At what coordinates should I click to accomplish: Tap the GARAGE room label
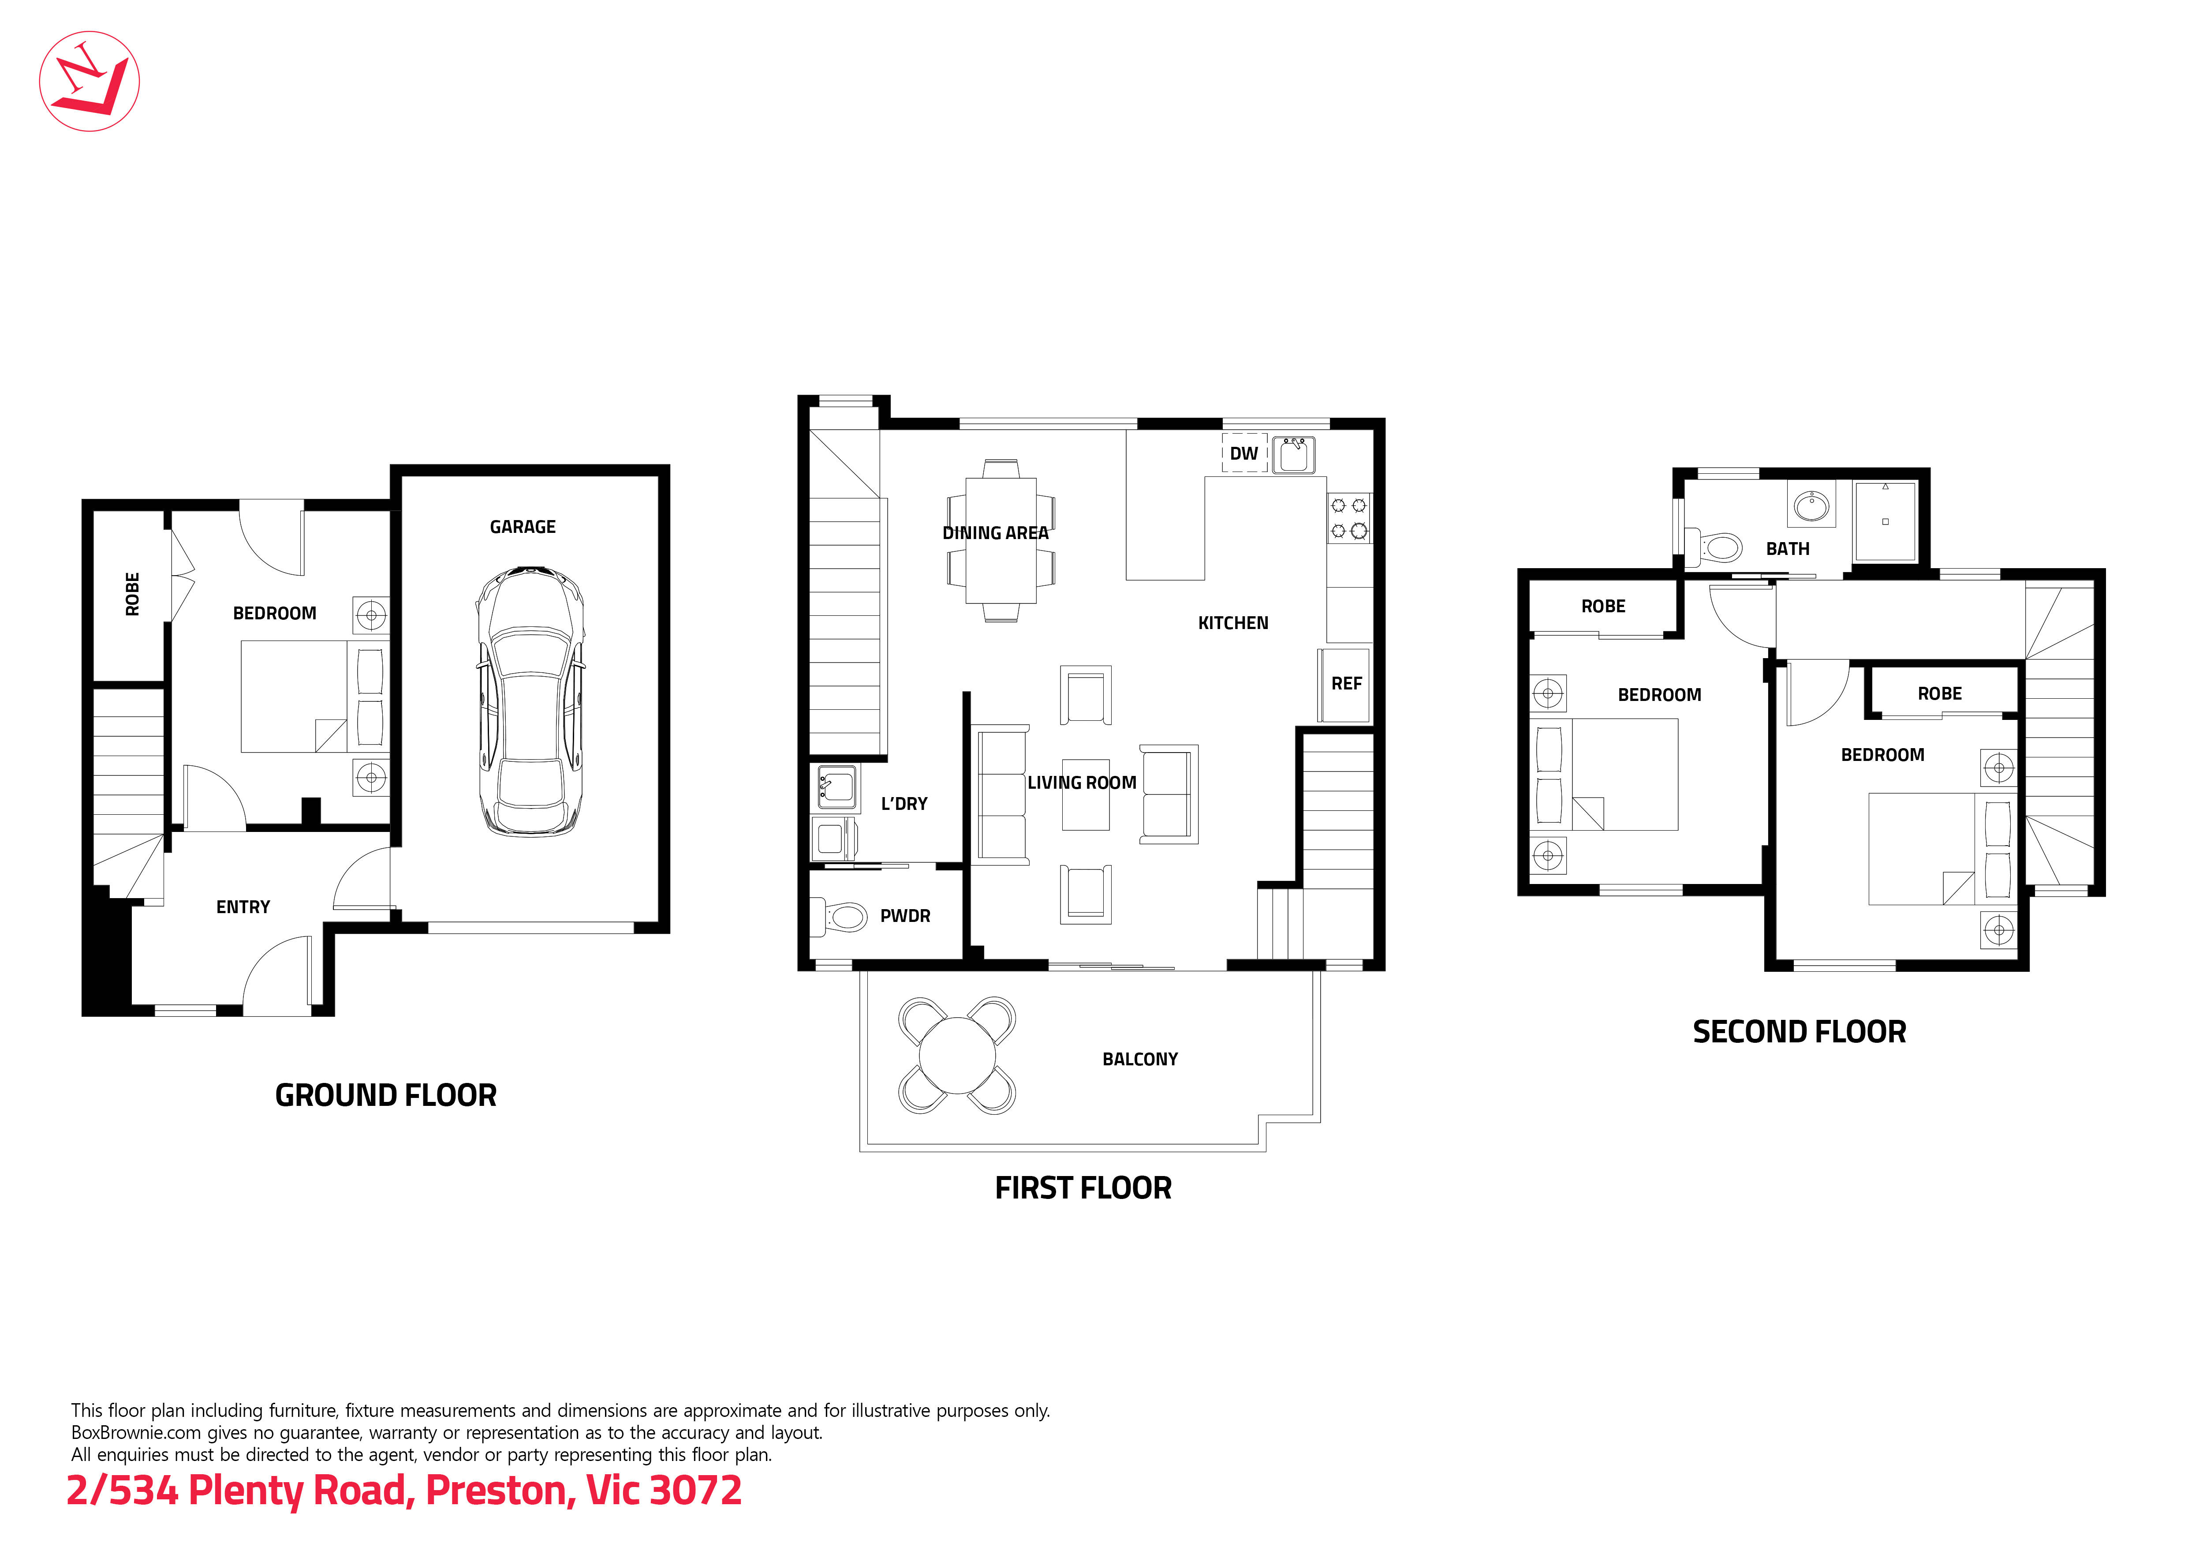coord(522,527)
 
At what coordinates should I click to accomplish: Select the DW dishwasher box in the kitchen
coord(1243,454)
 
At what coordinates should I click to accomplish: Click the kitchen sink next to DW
coord(1293,455)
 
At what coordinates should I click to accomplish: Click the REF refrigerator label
coord(1346,683)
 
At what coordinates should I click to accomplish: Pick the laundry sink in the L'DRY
coord(836,787)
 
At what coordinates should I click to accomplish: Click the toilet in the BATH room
coord(1715,547)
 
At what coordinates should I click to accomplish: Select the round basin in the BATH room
coord(1811,505)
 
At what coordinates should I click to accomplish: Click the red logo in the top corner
coord(90,81)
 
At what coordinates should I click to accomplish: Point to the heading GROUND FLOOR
coord(386,1095)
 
